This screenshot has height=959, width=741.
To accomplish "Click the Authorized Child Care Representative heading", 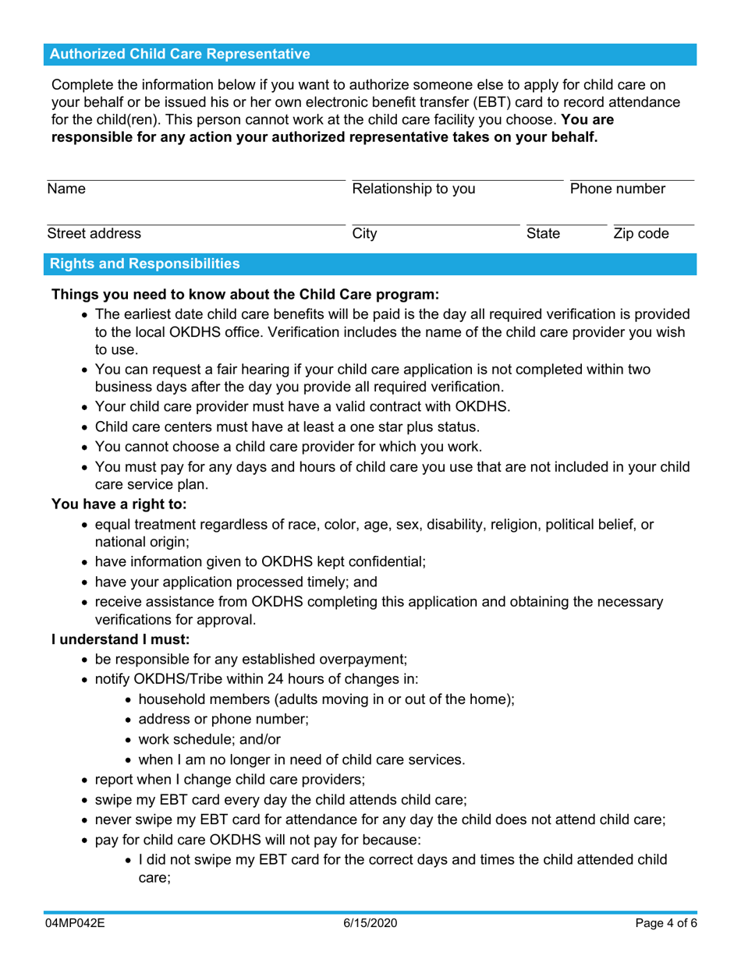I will [x=179, y=54].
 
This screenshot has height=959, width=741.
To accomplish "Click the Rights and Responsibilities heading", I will [x=145, y=264].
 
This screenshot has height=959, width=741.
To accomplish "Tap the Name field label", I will [x=66, y=189].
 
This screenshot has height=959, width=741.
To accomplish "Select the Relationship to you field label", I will [x=413, y=189].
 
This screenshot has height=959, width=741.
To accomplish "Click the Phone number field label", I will [x=617, y=189].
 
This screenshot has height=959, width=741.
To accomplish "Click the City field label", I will [x=364, y=233].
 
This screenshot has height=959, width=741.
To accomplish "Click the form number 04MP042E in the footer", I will [x=76, y=922].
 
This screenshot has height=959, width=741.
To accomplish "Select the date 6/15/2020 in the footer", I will [x=370, y=922].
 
